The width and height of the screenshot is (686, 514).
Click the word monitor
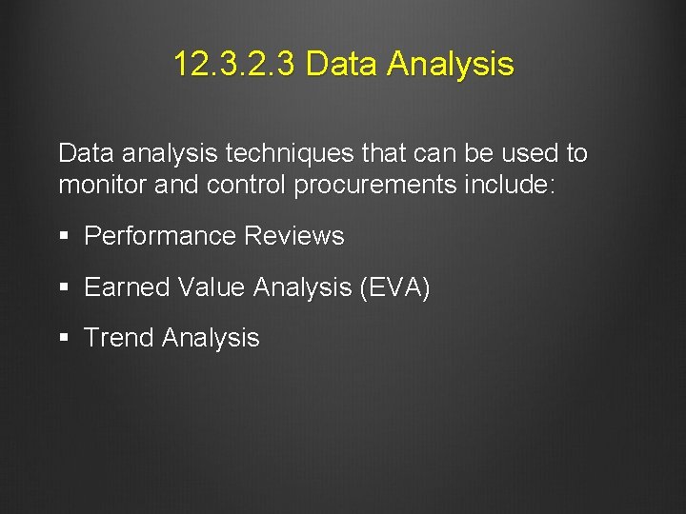click(103, 185)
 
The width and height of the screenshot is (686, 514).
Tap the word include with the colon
click(508, 185)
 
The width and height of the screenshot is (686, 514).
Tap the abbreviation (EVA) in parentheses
click(395, 287)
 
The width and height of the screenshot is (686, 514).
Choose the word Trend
click(119, 338)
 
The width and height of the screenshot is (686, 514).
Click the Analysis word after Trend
click(211, 338)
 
